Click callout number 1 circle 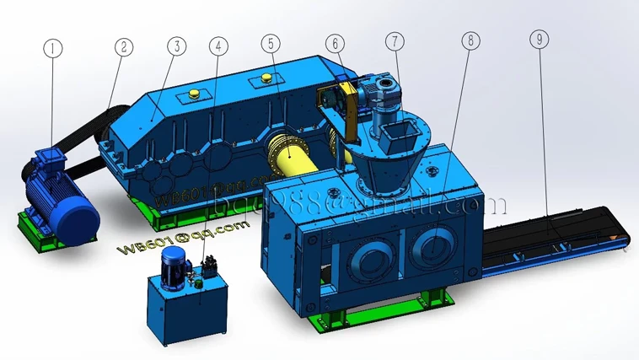click(x=53, y=49)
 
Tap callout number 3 click(x=176, y=46)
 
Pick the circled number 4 click(x=219, y=46)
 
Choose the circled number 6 click(x=335, y=42)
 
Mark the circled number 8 click(x=470, y=39)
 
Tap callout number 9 click(x=538, y=38)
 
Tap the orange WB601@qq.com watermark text click(x=165, y=244)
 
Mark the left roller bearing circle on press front click(x=362, y=257)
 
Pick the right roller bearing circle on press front click(x=435, y=248)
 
